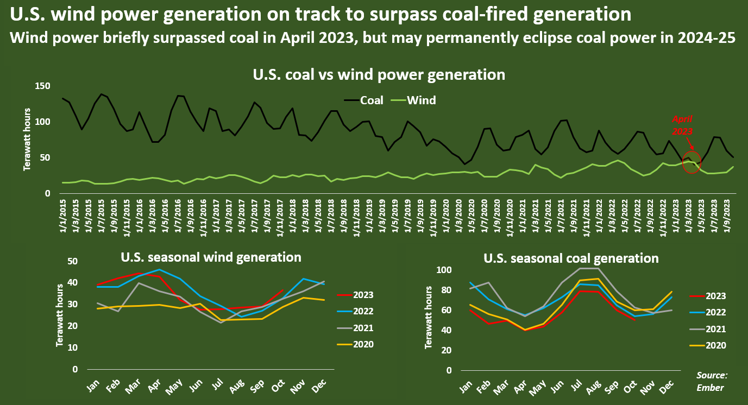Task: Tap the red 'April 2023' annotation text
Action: pos(682,124)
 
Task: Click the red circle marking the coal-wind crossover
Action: pos(691,162)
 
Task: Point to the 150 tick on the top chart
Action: pos(43,86)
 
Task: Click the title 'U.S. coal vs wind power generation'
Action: pos(379,74)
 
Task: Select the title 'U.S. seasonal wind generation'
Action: pos(211,257)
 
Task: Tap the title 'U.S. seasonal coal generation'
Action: pos(571,258)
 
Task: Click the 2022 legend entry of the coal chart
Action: pos(715,312)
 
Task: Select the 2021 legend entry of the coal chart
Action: pos(715,328)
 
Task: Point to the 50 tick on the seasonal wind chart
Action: pos(72,261)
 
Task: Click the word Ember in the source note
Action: pos(712,387)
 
